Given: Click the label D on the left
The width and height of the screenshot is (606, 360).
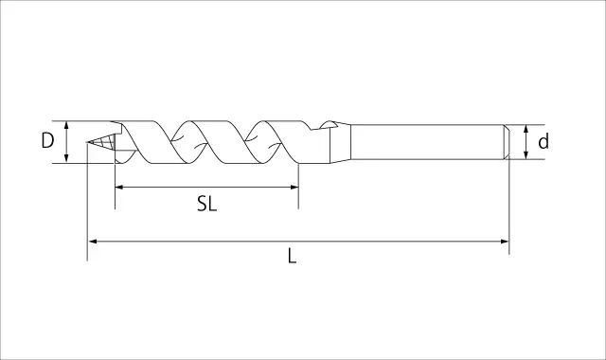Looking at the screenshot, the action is [47, 140].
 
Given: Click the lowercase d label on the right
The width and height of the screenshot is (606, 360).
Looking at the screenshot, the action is [544, 141].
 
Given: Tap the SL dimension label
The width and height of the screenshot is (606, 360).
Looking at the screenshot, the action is [206, 204].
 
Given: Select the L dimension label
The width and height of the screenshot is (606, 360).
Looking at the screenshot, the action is [293, 256].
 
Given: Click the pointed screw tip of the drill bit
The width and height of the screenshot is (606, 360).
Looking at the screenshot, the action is [87, 142].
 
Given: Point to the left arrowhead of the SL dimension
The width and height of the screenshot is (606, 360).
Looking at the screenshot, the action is [119, 188].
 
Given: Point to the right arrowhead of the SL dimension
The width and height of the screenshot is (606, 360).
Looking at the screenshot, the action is [294, 188].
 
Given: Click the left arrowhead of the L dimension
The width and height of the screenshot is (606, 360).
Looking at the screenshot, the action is [93, 242].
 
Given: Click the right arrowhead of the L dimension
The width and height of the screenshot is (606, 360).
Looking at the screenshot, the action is [505, 242].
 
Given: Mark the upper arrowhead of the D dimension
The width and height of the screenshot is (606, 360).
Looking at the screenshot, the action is [66, 125].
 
